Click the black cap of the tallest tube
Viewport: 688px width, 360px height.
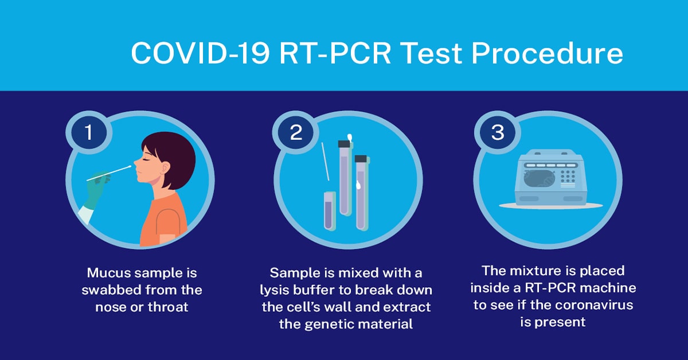[x=344, y=144]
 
